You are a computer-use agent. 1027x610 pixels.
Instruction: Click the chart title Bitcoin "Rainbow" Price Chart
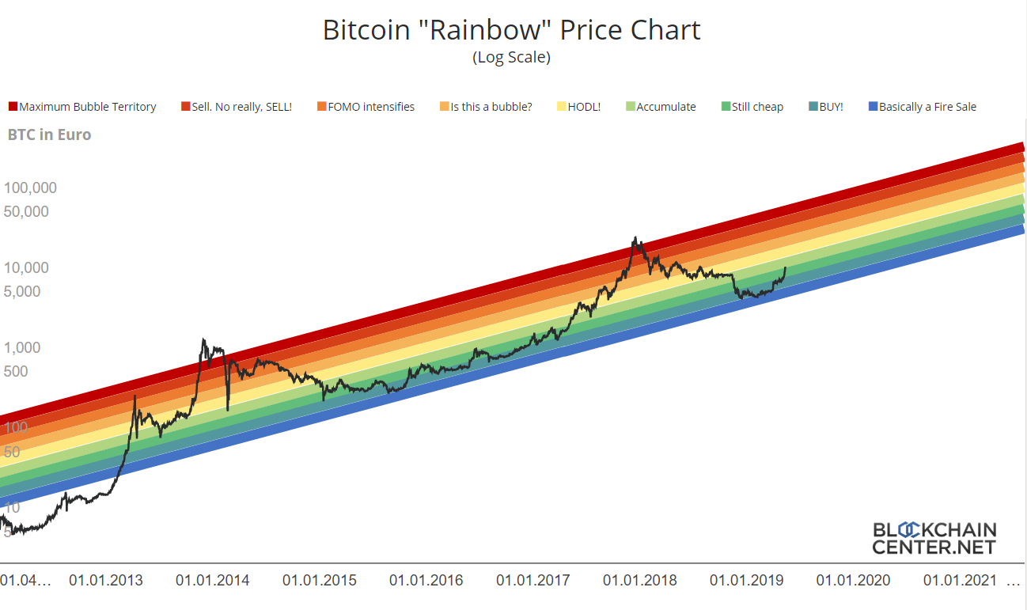511,30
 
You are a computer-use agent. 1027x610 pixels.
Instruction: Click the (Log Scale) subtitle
511,58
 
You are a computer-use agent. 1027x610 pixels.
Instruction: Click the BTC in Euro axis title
49,135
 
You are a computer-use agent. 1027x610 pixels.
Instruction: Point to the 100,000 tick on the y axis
30,188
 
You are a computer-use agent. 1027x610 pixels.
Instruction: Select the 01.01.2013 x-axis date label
106,581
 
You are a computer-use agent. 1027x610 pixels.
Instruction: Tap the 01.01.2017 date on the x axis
533,581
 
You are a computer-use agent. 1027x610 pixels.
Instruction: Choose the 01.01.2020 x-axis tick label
853,581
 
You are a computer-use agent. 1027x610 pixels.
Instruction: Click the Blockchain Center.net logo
934,538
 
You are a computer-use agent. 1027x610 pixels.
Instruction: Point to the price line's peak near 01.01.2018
635,237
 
